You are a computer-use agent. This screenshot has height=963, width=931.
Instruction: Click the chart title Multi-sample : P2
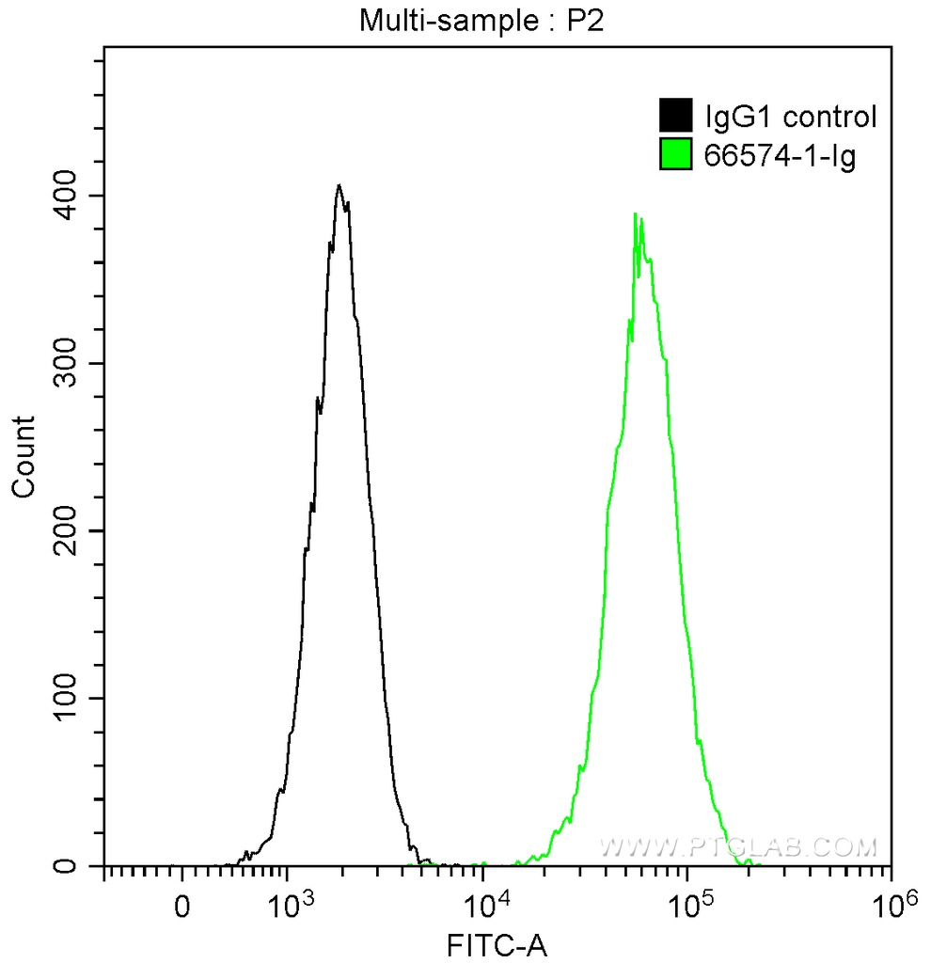coord(481,22)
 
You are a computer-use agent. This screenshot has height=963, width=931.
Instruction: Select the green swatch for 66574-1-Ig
coord(675,155)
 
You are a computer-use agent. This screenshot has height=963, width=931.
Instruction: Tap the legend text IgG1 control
coord(790,117)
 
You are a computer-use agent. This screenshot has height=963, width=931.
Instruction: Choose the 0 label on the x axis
coord(182,910)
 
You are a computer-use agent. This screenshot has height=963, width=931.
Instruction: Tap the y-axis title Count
coord(23,456)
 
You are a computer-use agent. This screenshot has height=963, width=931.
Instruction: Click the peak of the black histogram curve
coord(339,185)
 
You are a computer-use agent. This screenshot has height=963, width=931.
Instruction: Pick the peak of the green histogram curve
coord(636,214)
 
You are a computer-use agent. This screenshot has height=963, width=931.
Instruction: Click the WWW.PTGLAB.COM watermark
coord(738,847)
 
